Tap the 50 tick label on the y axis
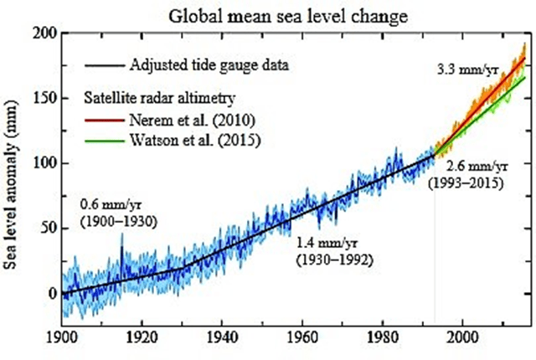pyautogui.click(x=49, y=229)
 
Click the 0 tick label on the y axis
pyautogui.click(x=52, y=293)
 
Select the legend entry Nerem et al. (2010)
pyautogui.click(x=192, y=118)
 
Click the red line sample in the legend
pyautogui.click(x=105, y=118)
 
